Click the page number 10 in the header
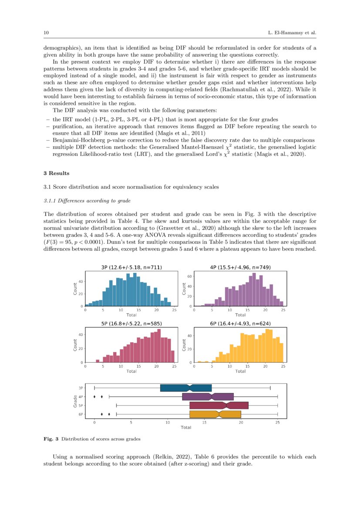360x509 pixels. [x=46, y=33]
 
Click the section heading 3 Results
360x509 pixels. [x=57, y=173]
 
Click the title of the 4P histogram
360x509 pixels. [x=240, y=267]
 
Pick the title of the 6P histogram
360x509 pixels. [x=240, y=324]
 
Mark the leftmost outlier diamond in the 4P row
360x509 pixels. [x=94, y=397]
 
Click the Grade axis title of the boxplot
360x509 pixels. [x=75, y=401]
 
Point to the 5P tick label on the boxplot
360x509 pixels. [x=81, y=405]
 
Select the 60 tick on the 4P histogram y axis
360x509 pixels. [x=190, y=276]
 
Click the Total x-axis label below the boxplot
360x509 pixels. [x=186, y=428]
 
